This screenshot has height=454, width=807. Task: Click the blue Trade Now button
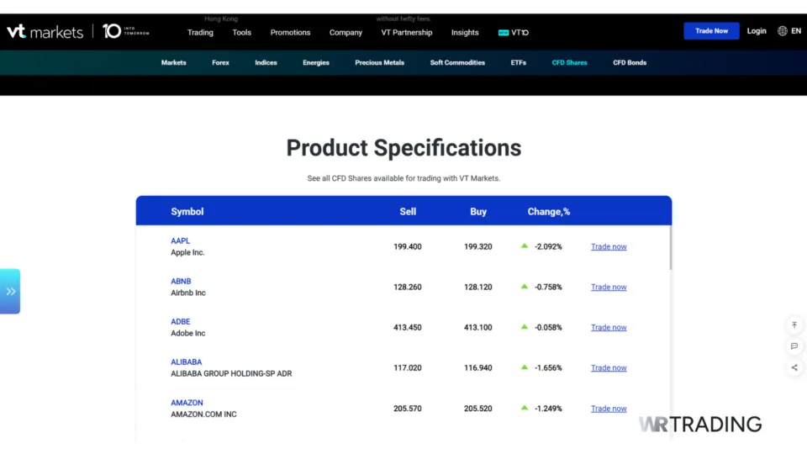711,31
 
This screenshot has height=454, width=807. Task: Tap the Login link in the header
757,31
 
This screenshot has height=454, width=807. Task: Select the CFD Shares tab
569,62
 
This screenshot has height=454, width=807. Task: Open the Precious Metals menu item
379,62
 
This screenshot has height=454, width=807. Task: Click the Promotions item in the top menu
290,33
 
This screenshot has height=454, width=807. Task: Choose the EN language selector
789,31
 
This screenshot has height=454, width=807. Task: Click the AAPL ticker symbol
180,240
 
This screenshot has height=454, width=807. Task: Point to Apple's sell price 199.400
408,246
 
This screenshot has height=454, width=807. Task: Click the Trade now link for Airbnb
609,287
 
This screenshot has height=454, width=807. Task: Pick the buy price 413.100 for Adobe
478,327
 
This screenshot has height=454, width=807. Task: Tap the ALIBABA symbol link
186,362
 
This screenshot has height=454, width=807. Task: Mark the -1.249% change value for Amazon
548,409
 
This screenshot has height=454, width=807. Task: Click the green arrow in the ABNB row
525,286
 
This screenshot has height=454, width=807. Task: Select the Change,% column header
549,212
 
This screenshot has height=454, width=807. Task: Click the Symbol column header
187,212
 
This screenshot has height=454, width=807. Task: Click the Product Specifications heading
403,148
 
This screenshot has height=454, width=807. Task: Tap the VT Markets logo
45,32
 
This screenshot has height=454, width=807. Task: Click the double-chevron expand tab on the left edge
10,291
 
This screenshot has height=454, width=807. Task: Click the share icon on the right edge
794,367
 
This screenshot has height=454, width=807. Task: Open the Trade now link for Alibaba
609,367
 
